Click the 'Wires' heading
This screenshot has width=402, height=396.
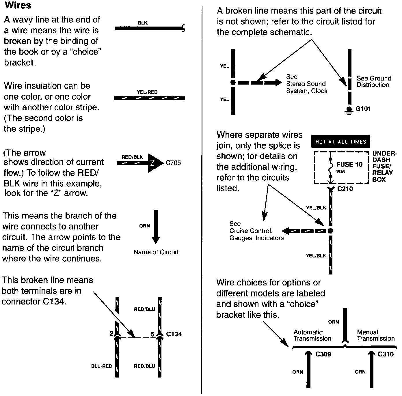click(18, 5)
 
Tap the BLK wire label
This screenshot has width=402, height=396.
click(143, 23)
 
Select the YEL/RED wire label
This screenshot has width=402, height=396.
click(147, 92)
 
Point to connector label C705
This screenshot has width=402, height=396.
click(173, 163)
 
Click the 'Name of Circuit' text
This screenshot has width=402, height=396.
click(156, 252)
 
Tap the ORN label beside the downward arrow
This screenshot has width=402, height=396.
click(144, 226)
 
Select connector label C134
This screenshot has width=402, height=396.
click(174, 334)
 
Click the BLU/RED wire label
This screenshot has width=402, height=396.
click(102, 366)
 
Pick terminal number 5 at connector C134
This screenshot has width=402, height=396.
click(152, 334)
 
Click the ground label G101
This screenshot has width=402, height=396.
click(363, 109)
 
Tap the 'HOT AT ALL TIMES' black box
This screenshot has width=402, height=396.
click(340, 142)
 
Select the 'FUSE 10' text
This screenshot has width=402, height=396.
click(349, 165)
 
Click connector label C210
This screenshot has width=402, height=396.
click(345, 189)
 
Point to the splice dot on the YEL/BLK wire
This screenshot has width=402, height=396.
click(331, 231)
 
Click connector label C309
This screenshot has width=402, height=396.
click(323, 354)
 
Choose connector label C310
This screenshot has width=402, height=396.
click(386, 354)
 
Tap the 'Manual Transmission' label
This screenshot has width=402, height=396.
click(375, 335)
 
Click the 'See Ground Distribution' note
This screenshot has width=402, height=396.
click(374, 81)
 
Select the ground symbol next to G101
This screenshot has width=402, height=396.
click(349, 110)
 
